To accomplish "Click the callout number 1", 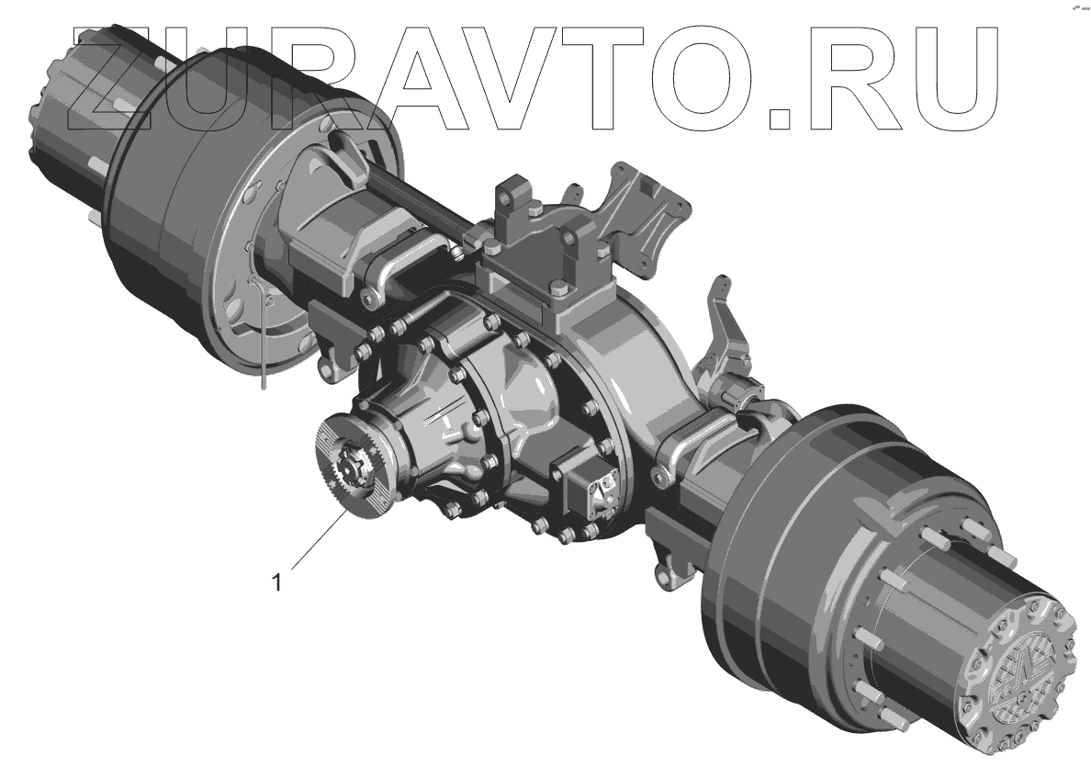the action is [x=277, y=582].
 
